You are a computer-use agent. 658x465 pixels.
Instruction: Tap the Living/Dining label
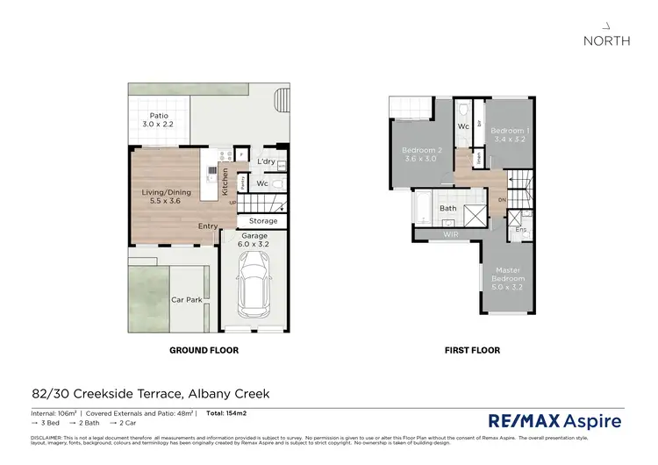point(167,196)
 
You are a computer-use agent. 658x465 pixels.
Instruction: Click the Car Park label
point(186,299)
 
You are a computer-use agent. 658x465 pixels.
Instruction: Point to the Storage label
point(263,221)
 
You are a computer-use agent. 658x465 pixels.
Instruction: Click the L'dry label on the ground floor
point(266,164)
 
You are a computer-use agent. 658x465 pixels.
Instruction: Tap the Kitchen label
point(225,182)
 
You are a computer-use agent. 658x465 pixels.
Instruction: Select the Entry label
point(208,226)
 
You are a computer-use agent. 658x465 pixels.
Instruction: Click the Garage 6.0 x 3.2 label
point(260,240)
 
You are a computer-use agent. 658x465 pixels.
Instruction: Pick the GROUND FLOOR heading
point(204,350)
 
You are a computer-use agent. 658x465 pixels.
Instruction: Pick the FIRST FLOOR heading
point(471,350)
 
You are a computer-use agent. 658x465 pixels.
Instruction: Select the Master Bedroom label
point(509,280)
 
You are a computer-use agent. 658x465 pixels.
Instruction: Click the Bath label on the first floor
point(447,209)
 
